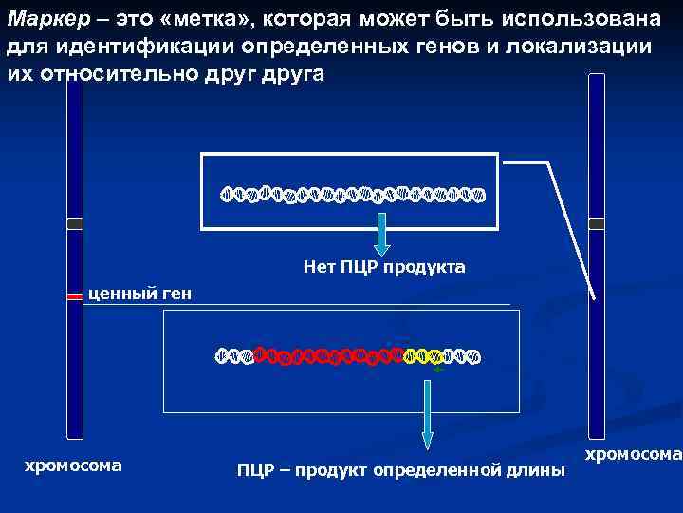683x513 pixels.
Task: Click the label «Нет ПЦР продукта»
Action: click(384, 267)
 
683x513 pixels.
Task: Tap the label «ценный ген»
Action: click(139, 294)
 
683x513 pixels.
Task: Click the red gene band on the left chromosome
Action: click(75, 297)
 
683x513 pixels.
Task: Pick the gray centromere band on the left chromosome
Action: click(75, 224)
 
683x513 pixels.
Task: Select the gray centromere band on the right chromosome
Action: click(597, 224)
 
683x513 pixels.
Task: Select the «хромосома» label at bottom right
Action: click(633, 455)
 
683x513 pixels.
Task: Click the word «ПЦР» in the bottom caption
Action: click(256, 470)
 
